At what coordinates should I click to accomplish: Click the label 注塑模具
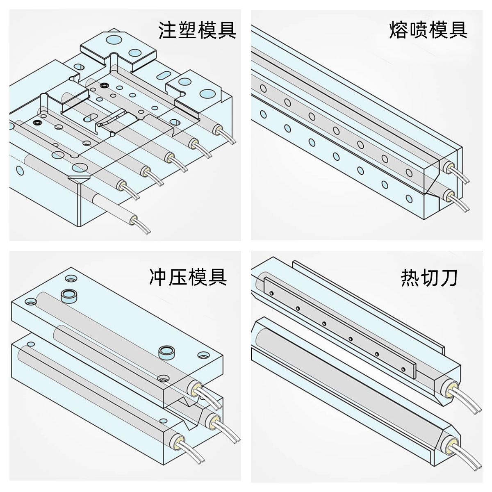coord(197,30)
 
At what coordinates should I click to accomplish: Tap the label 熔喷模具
coord(428,30)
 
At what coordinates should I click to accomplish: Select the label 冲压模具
coord(188,277)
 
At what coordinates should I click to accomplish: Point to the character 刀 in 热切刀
coord(449,278)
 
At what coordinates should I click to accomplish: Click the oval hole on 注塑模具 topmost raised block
coord(113,40)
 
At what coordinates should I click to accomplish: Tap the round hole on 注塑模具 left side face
coord(18,170)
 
